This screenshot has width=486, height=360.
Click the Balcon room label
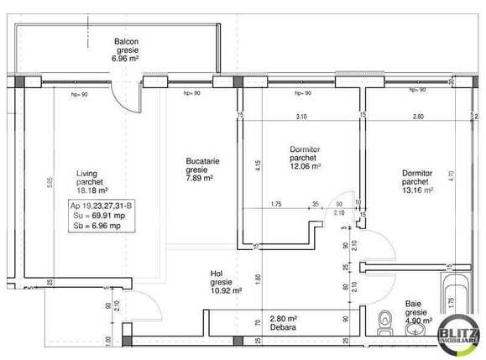126,40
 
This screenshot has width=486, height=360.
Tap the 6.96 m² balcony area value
127,60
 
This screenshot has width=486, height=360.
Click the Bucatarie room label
203,159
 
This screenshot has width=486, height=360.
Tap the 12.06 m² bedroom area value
306,165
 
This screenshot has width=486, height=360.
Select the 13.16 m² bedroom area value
417,190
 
